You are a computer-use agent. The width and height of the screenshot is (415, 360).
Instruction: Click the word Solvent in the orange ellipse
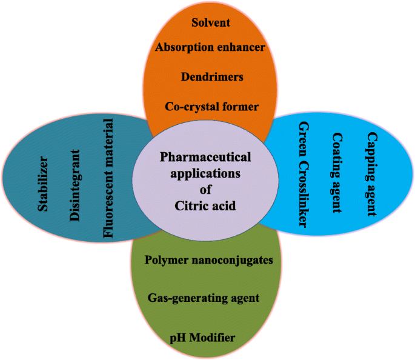211,23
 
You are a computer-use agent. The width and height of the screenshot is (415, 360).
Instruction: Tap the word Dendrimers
211,77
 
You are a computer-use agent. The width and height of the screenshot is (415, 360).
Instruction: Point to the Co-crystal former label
211,107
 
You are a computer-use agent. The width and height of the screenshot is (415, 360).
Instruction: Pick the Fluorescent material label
108,180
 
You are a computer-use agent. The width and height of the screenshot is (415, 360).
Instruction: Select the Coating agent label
337,174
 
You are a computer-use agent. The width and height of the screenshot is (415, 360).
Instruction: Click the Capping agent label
371,175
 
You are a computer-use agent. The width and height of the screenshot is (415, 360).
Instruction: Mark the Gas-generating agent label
204,298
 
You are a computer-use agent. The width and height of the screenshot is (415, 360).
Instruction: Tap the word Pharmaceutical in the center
205,157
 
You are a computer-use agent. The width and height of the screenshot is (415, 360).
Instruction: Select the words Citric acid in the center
205,206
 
